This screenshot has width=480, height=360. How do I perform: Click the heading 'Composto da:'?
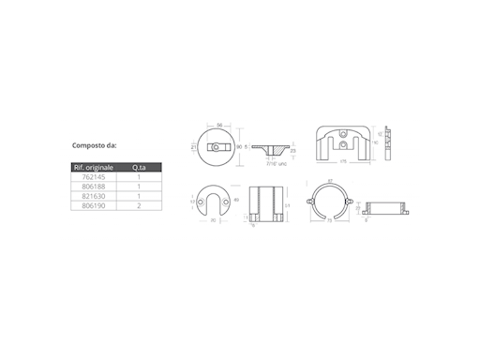95,146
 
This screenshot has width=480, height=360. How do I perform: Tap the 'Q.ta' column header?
139,167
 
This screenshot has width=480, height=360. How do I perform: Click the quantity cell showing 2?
139,205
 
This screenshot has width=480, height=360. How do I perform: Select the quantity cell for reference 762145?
139,177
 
